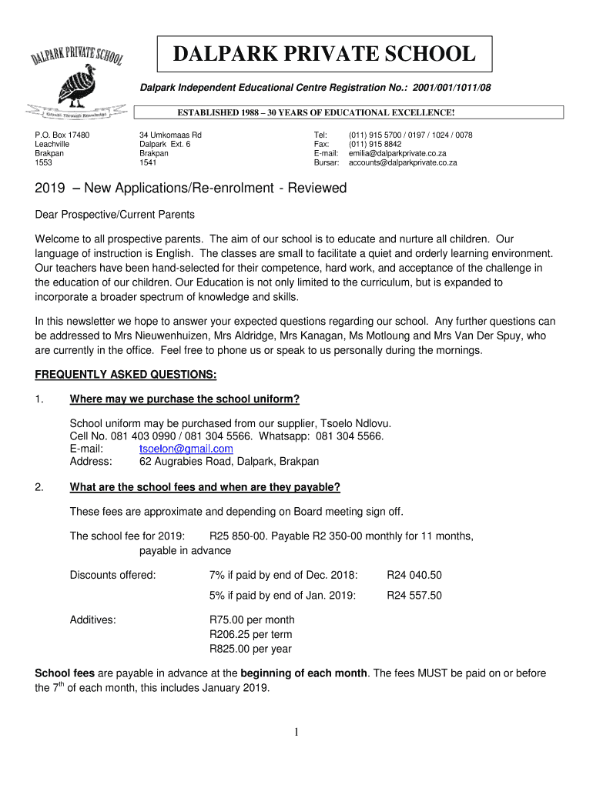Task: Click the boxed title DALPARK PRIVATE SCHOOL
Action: (323, 55)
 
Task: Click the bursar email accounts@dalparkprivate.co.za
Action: (403, 163)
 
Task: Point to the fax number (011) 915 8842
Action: (375, 144)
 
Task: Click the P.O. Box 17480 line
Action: (62, 135)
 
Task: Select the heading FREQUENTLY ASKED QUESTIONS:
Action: (126, 375)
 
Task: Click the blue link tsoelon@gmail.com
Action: (186, 449)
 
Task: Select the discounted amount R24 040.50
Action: (414, 575)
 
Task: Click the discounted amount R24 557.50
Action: (414, 595)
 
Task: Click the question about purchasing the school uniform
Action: (184, 399)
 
